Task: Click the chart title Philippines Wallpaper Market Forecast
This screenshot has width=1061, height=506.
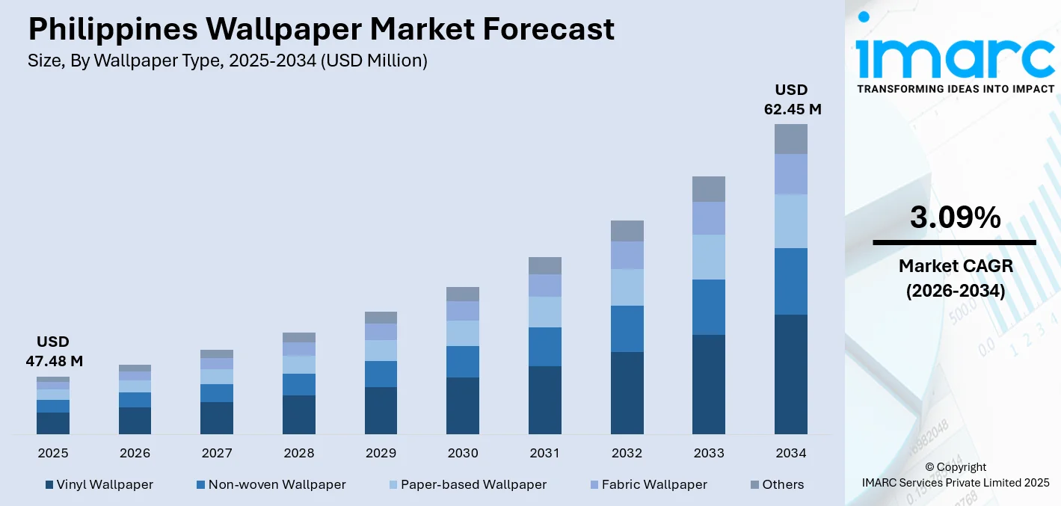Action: point(321,29)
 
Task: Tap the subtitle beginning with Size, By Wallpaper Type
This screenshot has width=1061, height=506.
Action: point(227,61)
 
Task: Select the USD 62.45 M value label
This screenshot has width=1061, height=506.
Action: point(791,99)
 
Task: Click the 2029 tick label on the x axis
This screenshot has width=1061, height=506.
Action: point(381,453)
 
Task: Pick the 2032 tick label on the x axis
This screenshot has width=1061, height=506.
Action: point(627,453)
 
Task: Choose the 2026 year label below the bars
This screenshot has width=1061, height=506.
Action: point(135,453)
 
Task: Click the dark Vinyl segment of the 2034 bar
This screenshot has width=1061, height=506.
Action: point(790,374)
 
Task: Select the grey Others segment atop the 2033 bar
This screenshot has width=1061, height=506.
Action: point(708,189)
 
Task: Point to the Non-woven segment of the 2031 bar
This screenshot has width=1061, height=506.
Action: point(544,347)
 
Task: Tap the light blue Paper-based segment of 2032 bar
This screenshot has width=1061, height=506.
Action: point(627,287)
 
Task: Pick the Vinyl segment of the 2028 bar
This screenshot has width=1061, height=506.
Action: point(298,415)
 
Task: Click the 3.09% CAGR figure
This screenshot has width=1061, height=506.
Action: point(955,217)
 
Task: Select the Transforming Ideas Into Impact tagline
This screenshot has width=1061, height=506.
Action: point(955,89)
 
